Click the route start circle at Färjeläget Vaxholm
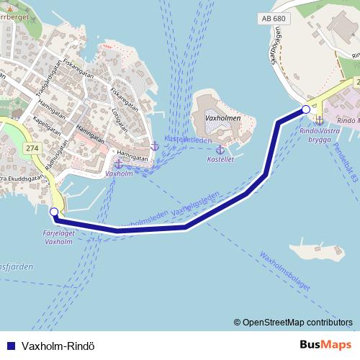tap(55, 212)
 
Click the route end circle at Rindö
tap(306, 109)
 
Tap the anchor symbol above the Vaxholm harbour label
tap(118, 164)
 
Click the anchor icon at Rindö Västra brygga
tap(319, 120)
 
